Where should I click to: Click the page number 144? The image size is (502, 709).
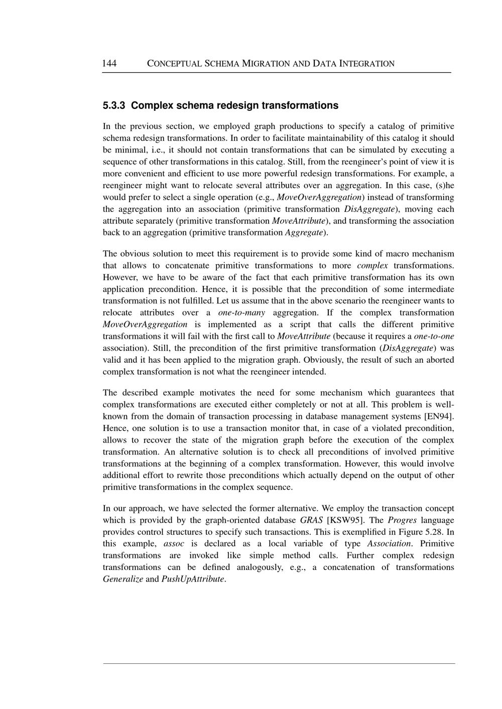coord(109,63)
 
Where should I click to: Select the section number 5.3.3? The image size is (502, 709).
coord(114,105)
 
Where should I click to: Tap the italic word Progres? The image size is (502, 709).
coord(402,520)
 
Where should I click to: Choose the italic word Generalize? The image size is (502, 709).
coord(123,579)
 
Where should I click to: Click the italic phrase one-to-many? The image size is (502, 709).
coord(241,313)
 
